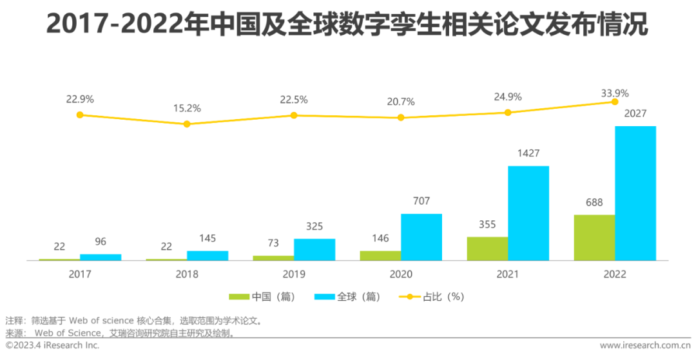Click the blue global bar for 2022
(635, 193)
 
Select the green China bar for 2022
(594, 238)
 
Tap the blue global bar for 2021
(528, 213)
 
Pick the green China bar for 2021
(487, 249)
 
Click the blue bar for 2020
(421, 237)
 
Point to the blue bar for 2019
(314, 250)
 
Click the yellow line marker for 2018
(187, 124)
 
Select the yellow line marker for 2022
(615, 101)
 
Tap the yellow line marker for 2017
(80, 115)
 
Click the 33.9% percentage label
(615, 93)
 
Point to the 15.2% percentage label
(187, 108)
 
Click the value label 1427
(528, 153)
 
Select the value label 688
(594, 202)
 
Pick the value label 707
(421, 201)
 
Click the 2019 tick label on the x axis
(294, 274)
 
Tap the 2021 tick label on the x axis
(508, 274)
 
